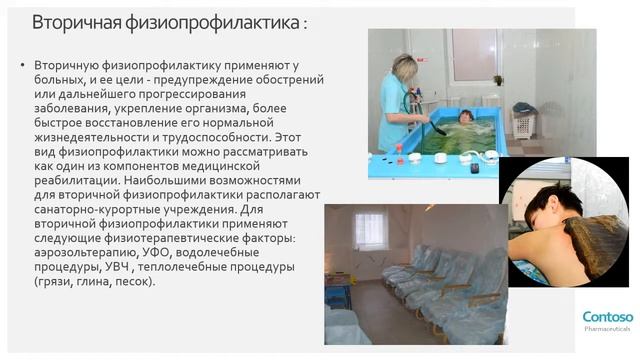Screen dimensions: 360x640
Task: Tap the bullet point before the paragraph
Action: (x=23, y=65)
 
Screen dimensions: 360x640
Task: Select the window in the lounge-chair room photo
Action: (x=370, y=230)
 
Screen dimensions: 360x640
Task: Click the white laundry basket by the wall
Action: (x=524, y=124)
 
